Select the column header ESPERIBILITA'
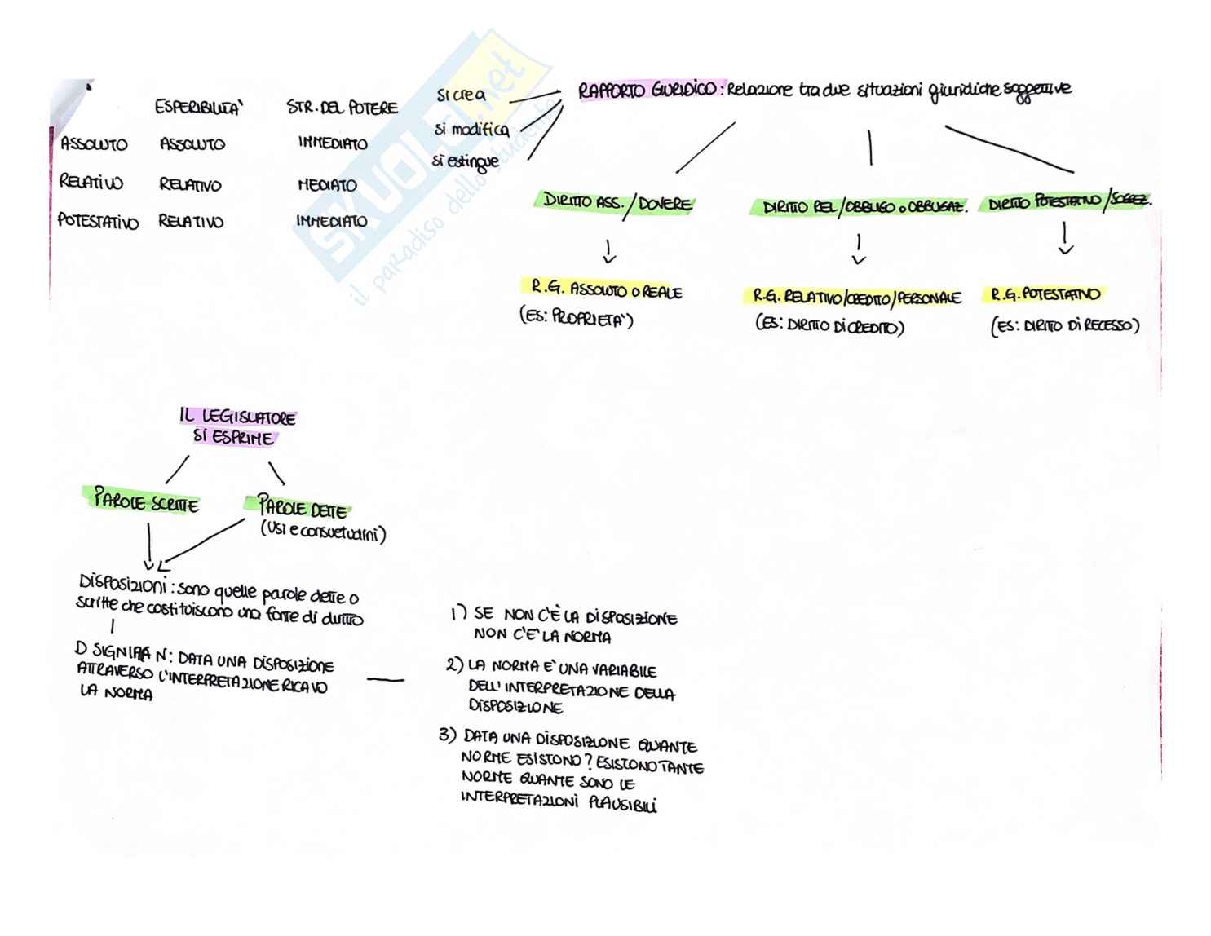(199, 108)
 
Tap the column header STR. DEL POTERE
(342, 108)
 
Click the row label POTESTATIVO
(98, 222)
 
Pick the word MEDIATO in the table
(327, 185)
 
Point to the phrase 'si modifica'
(471, 130)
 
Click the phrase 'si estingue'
(466, 161)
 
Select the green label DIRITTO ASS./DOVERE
(617, 203)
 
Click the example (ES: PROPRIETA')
(577, 318)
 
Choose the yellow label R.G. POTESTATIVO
(1045, 294)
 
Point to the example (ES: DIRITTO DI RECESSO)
(1064, 326)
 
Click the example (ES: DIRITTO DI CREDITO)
(829, 326)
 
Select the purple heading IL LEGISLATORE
(237, 417)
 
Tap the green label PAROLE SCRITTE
(145, 501)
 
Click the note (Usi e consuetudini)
(323, 533)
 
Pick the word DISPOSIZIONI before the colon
(122, 585)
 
